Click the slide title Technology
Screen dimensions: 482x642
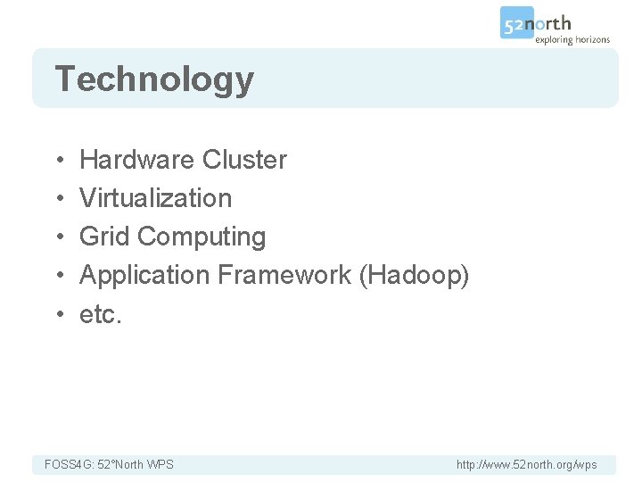pos(154,80)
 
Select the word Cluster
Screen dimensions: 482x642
pos(244,160)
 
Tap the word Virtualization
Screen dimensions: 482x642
pos(155,198)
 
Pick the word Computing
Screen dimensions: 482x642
pos(202,237)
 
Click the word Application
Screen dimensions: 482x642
pos(144,275)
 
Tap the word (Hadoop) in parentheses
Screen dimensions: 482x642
pos(414,275)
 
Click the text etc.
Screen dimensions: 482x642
pos(100,314)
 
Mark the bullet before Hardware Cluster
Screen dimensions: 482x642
pos(57,161)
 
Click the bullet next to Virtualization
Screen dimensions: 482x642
pos(57,199)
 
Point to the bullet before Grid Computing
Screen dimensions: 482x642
pos(57,237)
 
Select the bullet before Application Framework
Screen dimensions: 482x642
pos(57,276)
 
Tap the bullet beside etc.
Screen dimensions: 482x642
pos(57,314)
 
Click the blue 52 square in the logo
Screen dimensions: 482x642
pos(516,23)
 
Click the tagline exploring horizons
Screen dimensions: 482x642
pos(572,39)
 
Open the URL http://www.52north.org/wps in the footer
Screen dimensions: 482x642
pos(526,464)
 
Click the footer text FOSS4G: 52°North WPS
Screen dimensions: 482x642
pos(109,464)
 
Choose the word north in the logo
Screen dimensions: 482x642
pos(553,23)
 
